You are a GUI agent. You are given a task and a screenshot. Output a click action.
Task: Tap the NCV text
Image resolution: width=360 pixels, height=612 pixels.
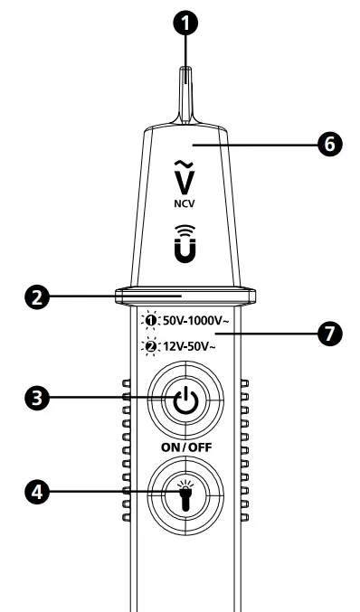point(185,204)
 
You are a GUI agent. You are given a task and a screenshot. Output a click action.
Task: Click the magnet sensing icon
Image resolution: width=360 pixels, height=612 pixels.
point(185,247)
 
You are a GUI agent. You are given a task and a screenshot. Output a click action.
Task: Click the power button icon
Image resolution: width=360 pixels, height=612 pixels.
point(185,400)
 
